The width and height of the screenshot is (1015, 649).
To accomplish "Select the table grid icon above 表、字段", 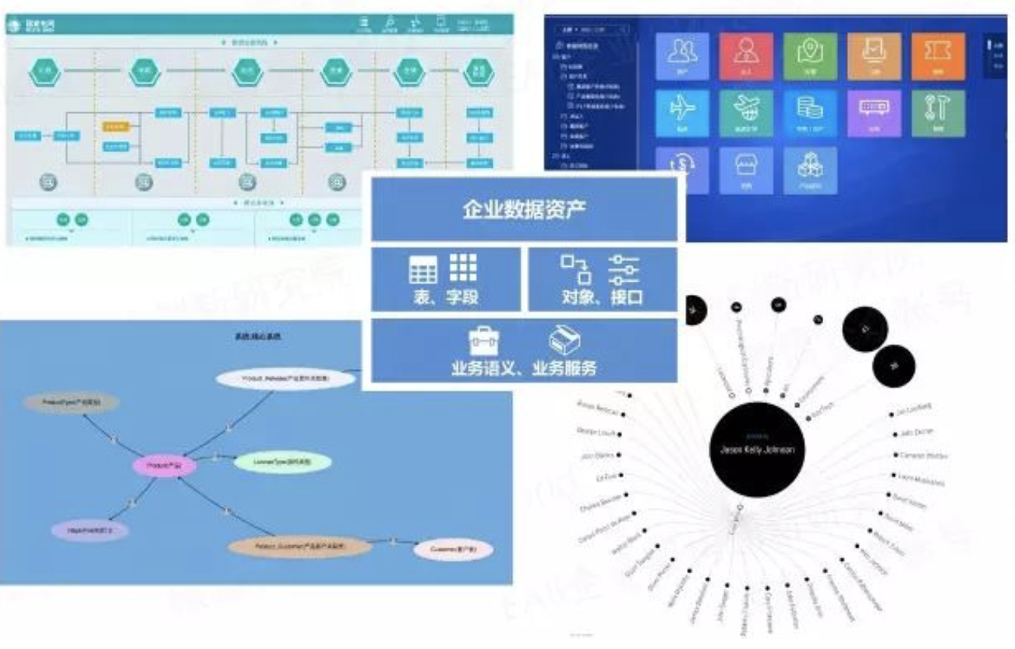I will click(423, 269).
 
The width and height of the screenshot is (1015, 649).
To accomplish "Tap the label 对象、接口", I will click(602, 297).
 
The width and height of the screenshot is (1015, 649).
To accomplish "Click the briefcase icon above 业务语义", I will click(483, 341).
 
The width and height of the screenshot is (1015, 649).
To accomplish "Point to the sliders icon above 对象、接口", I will click(624, 269).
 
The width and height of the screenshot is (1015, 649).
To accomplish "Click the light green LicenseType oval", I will click(282, 462).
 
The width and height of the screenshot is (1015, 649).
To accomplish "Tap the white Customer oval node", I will click(452, 550).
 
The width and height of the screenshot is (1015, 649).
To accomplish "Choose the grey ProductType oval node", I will click(71, 403).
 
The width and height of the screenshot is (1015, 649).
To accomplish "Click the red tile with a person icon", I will click(746, 56).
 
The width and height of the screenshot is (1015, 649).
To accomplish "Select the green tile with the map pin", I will click(810, 56).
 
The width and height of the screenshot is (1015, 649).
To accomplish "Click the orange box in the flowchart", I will click(115, 126).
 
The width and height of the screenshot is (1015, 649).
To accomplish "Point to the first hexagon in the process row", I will click(45, 72).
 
